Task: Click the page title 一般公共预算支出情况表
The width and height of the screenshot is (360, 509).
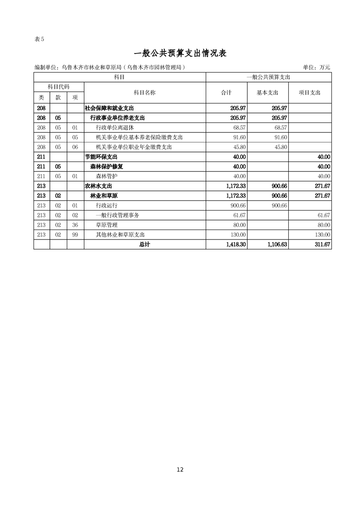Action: (180, 53)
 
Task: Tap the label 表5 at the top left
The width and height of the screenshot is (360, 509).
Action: (39, 39)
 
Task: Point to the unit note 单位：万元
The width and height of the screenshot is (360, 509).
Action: (316, 68)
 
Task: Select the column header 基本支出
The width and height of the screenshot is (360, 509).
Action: (267, 93)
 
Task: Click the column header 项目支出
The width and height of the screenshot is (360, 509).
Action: (310, 93)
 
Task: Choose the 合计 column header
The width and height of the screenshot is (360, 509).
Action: (226, 93)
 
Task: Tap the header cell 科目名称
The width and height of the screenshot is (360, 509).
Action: (144, 93)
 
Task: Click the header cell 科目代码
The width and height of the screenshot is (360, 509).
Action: (59, 86)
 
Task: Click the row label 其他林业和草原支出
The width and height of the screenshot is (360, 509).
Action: (120, 235)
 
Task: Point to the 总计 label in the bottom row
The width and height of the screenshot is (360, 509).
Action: (144, 245)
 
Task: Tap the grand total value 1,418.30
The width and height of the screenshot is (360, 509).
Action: (235, 245)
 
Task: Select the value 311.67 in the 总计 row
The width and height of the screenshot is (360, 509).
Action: (321, 245)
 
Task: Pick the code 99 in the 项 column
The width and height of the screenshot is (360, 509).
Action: (75, 235)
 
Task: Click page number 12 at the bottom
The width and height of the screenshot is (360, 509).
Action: (180, 470)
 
